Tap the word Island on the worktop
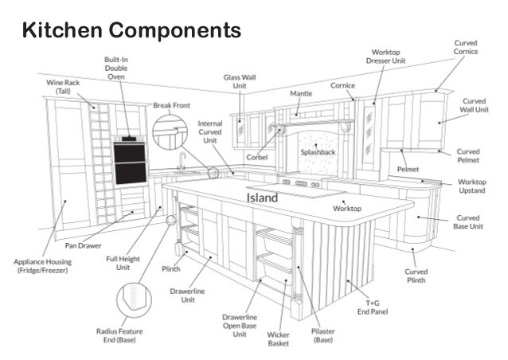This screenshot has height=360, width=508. click(x=261, y=197)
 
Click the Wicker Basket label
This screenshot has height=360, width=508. click(x=278, y=340)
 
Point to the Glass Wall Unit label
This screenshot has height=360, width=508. click(x=240, y=81)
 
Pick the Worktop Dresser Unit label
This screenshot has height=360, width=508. click(x=387, y=56)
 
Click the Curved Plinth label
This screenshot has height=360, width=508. click(x=415, y=276)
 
